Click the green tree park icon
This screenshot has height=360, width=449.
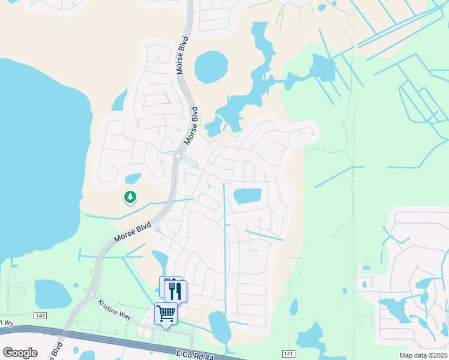pyautogui.click(x=129, y=196)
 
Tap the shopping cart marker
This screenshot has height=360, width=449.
pyautogui.click(x=166, y=313)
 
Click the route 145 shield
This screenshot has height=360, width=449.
pyautogui.click(x=40, y=316)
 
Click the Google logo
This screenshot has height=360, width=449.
pyautogui.click(x=20, y=353)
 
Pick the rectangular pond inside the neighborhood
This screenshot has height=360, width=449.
pyautogui.click(x=247, y=196)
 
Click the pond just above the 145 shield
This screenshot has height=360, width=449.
pyautogui.click(x=52, y=293)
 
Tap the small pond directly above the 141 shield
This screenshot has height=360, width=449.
pyautogui.click(x=294, y=307)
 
